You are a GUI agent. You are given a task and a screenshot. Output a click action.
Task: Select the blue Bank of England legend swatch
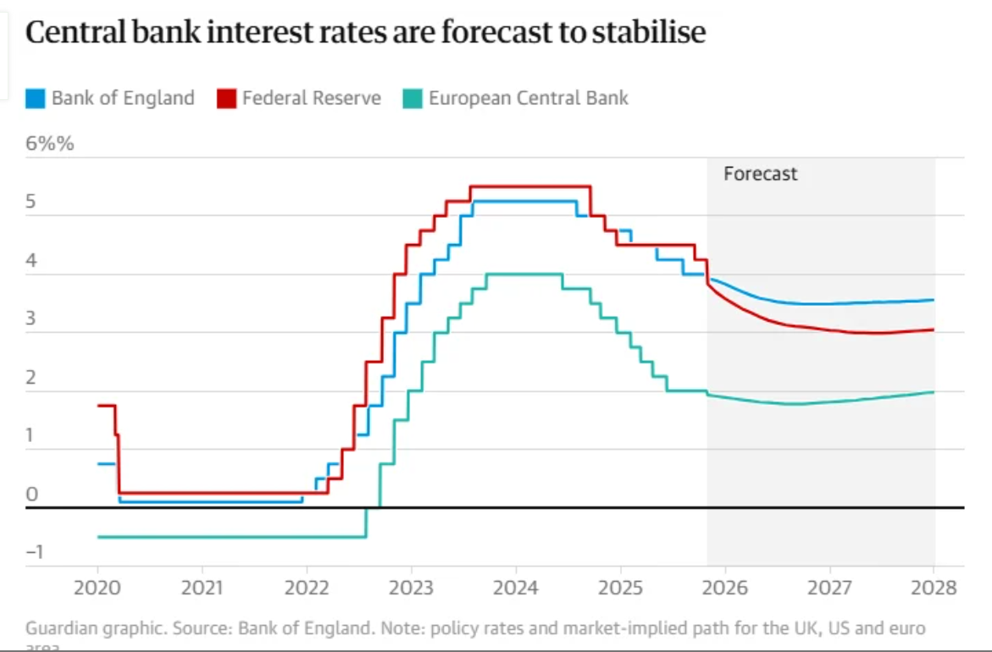[35, 98]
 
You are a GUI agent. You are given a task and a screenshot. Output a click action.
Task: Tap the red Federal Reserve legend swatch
[226, 98]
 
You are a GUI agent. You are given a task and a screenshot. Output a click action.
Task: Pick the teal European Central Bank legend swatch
[413, 98]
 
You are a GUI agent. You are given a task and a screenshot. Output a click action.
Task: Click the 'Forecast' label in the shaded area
[760, 174]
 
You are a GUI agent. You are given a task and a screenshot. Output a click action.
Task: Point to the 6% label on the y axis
[49, 143]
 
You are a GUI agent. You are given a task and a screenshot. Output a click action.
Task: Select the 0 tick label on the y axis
[32, 495]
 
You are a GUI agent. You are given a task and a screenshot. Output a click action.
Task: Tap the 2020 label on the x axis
[97, 588]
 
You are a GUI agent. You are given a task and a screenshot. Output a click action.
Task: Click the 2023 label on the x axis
[411, 588]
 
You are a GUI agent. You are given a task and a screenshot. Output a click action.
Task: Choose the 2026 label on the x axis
[724, 588]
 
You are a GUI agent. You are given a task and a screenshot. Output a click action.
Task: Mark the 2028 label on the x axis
[934, 588]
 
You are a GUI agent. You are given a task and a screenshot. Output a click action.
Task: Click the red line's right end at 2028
[934, 329]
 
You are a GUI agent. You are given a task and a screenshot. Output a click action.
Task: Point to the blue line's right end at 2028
[934, 300]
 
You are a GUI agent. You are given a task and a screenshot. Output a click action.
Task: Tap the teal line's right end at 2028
[934, 391]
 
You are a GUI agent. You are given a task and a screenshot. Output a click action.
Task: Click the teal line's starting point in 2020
[98, 537]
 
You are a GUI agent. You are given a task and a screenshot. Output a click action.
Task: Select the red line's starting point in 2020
[98, 406]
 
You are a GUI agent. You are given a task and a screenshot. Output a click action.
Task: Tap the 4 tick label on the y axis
[32, 261]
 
